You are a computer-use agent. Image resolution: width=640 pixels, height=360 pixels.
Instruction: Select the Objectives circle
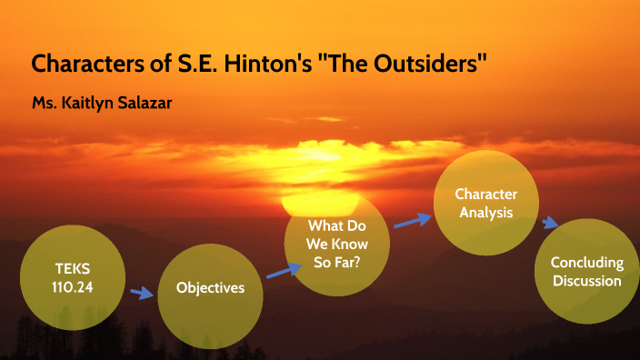coord(210,289)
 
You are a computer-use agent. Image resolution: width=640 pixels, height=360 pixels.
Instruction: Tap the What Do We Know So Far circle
coord(337,243)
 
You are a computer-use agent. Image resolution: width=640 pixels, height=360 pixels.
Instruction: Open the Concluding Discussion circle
coord(586,270)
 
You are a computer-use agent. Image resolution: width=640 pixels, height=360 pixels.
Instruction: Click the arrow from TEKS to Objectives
coord(141,293)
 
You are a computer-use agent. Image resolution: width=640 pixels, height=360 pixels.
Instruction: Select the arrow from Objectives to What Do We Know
coord(283,269)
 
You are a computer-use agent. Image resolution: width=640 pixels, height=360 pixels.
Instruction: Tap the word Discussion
coord(586,280)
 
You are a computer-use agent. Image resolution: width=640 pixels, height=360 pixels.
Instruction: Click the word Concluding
coord(586,262)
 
